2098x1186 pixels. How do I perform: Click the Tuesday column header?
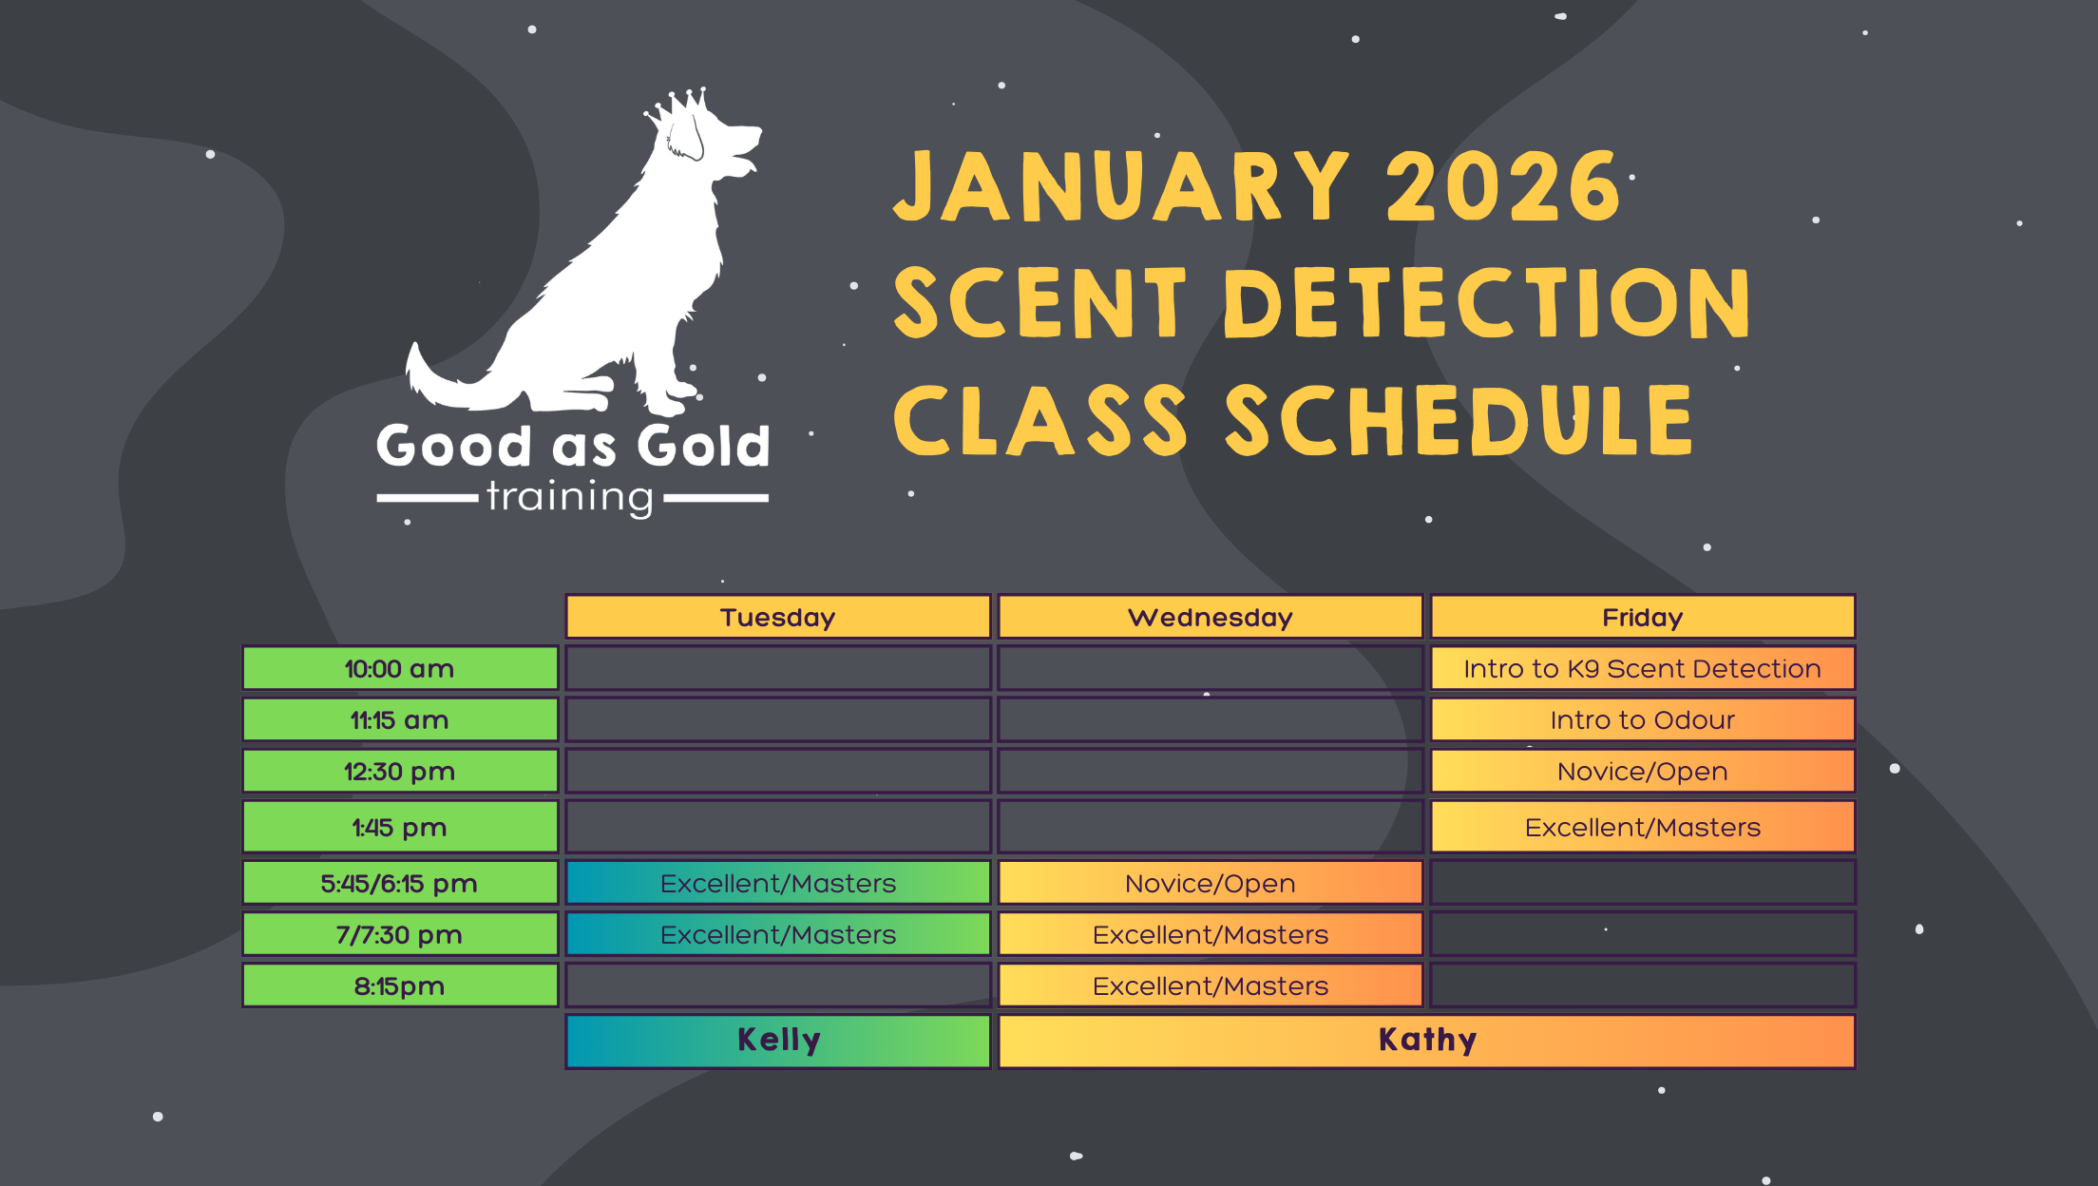click(x=778, y=617)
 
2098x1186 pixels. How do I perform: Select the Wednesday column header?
click(x=1211, y=617)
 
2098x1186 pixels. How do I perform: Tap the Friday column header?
click(x=1643, y=617)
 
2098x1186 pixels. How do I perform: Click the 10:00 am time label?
click(x=400, y=668)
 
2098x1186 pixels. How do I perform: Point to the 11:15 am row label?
click(x=400, y=719)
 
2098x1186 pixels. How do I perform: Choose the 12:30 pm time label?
click(x=400, y=771)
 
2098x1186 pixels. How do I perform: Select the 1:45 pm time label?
click(x=400, y=827)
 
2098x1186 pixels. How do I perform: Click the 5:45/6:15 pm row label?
click(x=400, y=883)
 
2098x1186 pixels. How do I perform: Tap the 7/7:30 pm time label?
click(x=400, y=934)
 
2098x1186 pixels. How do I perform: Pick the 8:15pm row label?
click(x=400, y=985)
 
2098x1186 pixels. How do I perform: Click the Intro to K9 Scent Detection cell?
click(x=1643, y=668)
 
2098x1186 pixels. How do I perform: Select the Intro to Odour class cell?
click(x=1643, y=719)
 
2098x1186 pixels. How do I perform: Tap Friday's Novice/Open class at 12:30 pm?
click(x=1643, y=771)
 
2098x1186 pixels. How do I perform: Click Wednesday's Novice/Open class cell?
click(x=1211, y=883)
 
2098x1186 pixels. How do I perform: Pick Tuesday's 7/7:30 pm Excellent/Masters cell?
click(x=778, y=934)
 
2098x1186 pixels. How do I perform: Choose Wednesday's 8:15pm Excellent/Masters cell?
click(x=1211, y=985)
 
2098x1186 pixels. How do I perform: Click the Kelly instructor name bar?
click(x=778, y=1041)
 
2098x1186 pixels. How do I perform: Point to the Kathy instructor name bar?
click(x=1427, y=1041)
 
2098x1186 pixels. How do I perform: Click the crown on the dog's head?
click(x=677, y=106)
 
